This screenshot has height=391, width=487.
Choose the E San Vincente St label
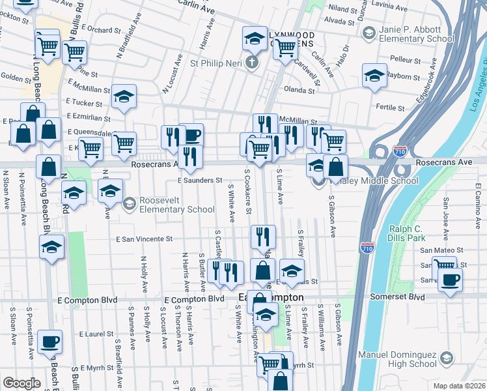coord(144,239)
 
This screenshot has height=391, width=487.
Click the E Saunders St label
coord(201,180)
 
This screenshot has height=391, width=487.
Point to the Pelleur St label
coord(406,59)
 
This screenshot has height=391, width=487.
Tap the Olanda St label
coord(299,91)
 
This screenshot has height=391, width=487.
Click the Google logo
coord(21,383)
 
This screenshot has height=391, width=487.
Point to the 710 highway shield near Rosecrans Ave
coord(400,152)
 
